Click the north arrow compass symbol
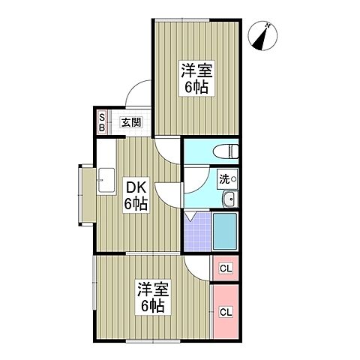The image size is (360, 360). (x=264, y=36)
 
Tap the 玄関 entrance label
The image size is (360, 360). (x=132, y=121)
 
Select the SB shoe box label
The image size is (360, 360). (x=103, y=121)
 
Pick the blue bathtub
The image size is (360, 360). (x=225, y=231)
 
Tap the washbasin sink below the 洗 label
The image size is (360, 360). (x=229, y=199)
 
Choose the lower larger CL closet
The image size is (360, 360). (x=226, y=310)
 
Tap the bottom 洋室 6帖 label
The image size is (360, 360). (x=151, y=297)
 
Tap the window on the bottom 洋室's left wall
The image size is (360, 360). (x=94, y=297)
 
